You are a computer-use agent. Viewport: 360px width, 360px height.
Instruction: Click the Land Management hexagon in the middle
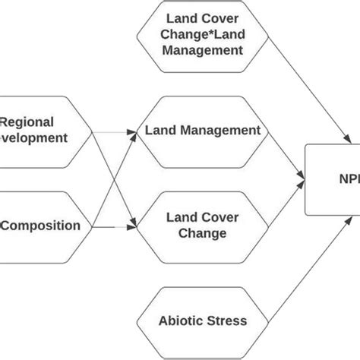coord(203,131)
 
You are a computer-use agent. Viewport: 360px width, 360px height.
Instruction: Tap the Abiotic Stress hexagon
coord(202,321)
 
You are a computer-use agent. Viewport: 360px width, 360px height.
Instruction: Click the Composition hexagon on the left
coord(42,226)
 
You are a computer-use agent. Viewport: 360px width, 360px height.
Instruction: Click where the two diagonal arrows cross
coord(115,178)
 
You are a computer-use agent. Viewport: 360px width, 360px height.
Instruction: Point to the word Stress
coord(228,321)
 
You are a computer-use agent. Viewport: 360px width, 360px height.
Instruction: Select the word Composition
coord(42,226)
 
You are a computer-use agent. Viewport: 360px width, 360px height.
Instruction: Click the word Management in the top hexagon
coord(202,50)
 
